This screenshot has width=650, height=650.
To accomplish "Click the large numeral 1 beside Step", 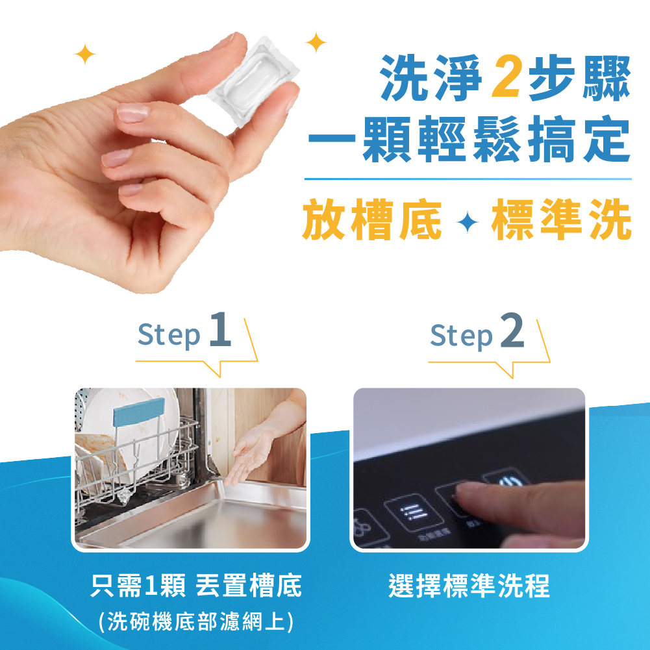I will [x=220, y=331].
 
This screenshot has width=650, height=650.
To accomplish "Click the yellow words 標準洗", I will [x=561, y=220].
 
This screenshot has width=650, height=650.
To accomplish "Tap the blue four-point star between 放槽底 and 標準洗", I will [x=467, y=223].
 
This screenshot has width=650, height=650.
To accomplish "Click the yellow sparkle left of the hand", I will [x=84, y=55].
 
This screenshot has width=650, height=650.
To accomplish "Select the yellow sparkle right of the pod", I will [x=316, y=42].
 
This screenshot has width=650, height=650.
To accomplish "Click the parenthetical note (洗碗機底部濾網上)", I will [x=195, y=621].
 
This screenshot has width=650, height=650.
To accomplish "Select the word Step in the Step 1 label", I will [x=169, y=336].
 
